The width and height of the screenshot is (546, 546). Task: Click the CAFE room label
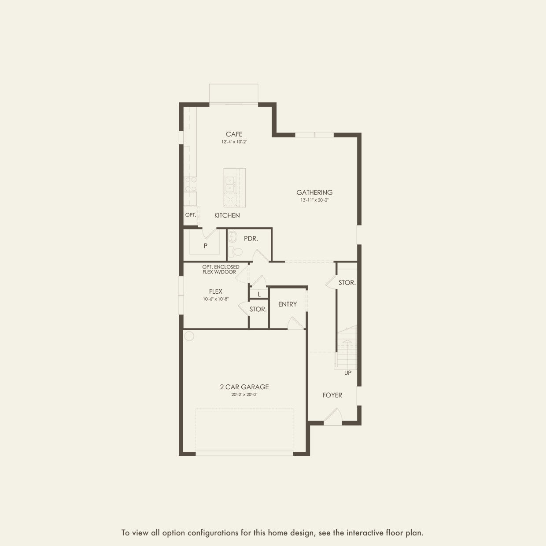pyautogui.click(x=234, y=134)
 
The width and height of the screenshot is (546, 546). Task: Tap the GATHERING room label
pyautogui.click(x=314, y=192)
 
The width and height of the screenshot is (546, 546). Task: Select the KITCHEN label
pyautogui.click(x=227, y=215)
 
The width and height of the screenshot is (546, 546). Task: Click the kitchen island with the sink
pyautogui.click(x=234, y=188)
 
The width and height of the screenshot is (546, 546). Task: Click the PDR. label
pyautogui.click(x=251, y=239)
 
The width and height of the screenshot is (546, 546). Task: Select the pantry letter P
pyautogui.click(x=206, y=246)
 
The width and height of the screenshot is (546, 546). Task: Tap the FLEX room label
pyautogui.click(x=216, y=291)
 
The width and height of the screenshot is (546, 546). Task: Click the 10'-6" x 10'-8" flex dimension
pyautogui.click(x=216, y=299)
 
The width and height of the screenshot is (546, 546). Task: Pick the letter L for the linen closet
pyautogui.click(x=259, y=294)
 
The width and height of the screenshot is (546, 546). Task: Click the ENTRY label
pyautogui.click(x=288, y=304)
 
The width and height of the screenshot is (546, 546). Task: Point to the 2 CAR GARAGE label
pyautogui.click(x=244, y=387)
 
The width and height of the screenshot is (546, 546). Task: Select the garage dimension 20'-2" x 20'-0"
pyautogui.click(x=244, y=395)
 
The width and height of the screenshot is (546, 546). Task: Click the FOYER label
pyautogui.click(x=332, y=395)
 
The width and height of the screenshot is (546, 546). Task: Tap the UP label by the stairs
pyautogui.click(x=348, y=373)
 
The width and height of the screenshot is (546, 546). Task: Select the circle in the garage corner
pyautogui.click(x=189, y=336)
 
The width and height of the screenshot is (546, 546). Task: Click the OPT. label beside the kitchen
pyautogui.click(x=191, y=215)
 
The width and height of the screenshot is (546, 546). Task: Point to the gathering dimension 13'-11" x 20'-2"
pyautogui.click(x=314, y=200)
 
